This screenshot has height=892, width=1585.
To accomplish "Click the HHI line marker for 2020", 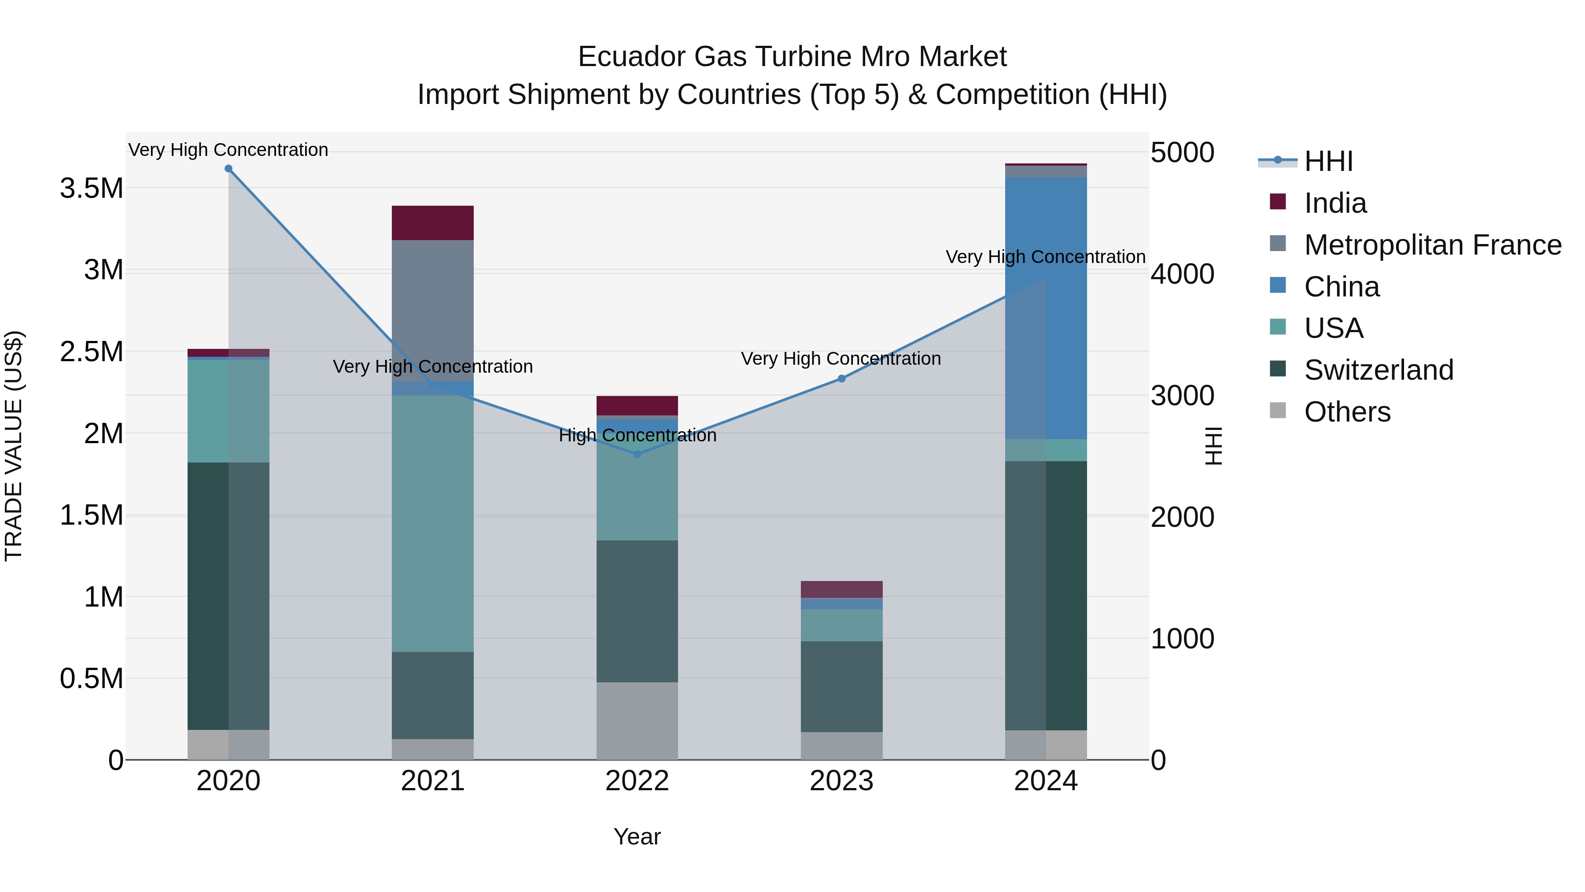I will point(228,169).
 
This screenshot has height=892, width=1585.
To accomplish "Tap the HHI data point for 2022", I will point(638,454).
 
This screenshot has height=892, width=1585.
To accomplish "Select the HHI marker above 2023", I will point(842,378).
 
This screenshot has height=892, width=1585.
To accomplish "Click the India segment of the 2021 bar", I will point(432,223).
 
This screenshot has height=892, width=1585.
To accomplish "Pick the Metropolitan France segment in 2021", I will point(432,308).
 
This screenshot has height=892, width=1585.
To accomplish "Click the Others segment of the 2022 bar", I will point(638,720).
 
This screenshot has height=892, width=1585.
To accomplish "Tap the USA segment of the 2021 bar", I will point(432,523).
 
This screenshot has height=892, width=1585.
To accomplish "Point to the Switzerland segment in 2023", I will point(842,686).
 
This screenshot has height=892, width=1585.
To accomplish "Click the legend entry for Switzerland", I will point(1378,370).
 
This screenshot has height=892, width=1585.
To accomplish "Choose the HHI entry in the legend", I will point(1328,161).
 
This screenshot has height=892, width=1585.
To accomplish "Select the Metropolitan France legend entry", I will point(1432,245).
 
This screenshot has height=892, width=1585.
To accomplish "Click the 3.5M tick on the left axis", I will point(92,189).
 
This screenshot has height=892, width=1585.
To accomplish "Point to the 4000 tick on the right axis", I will point(1183,274).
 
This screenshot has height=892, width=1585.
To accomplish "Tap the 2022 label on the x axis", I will point(638,781).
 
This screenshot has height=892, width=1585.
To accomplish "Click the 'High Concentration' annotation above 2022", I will point(638,435).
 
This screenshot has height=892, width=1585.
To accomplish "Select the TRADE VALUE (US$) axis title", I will point(14,446).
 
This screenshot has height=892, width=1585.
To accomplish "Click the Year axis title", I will point(638,836).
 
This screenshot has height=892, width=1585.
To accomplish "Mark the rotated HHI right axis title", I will point(1213,446).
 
